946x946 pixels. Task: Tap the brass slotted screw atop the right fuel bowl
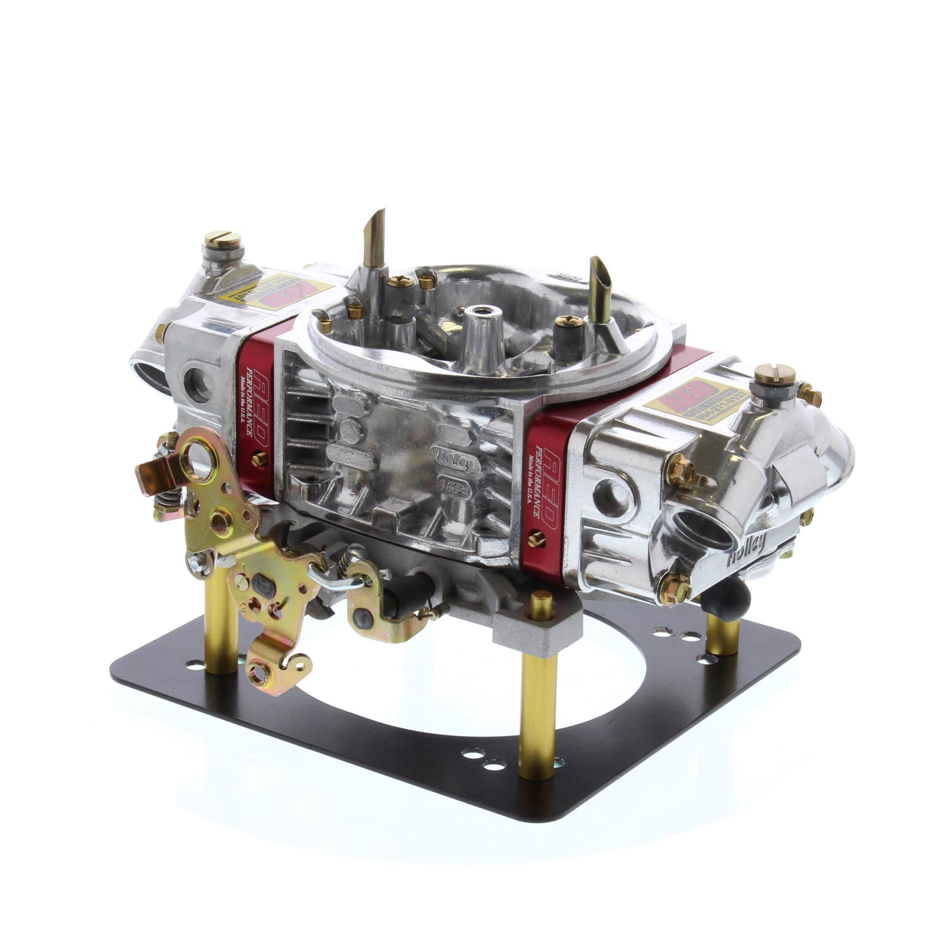(773, 374)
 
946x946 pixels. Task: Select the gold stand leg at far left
(221, 621)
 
